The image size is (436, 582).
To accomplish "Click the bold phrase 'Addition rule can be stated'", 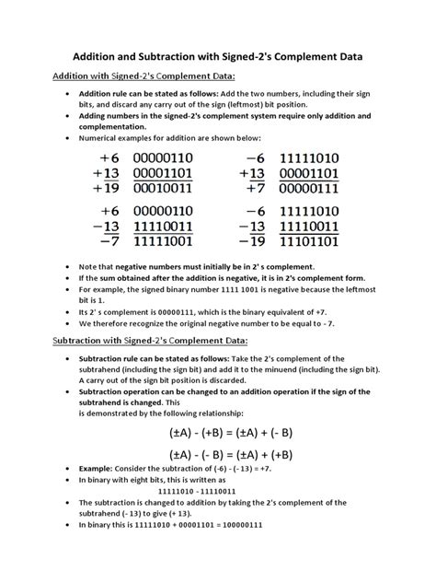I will (x=129, y=95).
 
